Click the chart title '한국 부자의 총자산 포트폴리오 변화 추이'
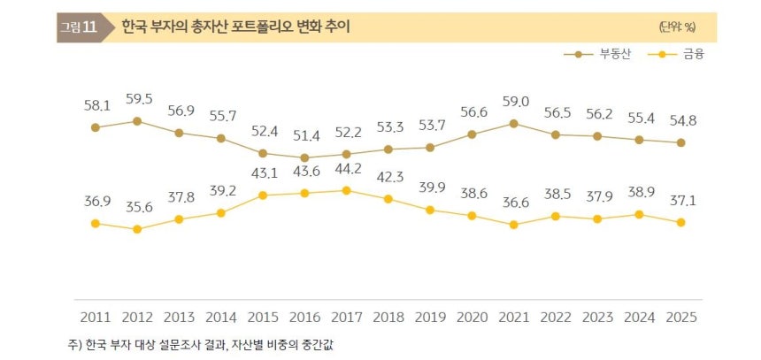point(234,27)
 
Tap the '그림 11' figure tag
point(78,27)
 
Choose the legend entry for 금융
point(678,55)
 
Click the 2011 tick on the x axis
point(95,317)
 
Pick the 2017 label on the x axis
point(346,317)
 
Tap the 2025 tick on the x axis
point(680,317)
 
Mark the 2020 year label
point(472,317)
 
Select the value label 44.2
point(346,168)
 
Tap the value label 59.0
point(513,102)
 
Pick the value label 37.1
point(680,201)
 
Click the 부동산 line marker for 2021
point(513,123)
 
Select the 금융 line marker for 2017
point(346,190)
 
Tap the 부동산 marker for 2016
point(304,157)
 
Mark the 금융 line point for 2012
point(137,229)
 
